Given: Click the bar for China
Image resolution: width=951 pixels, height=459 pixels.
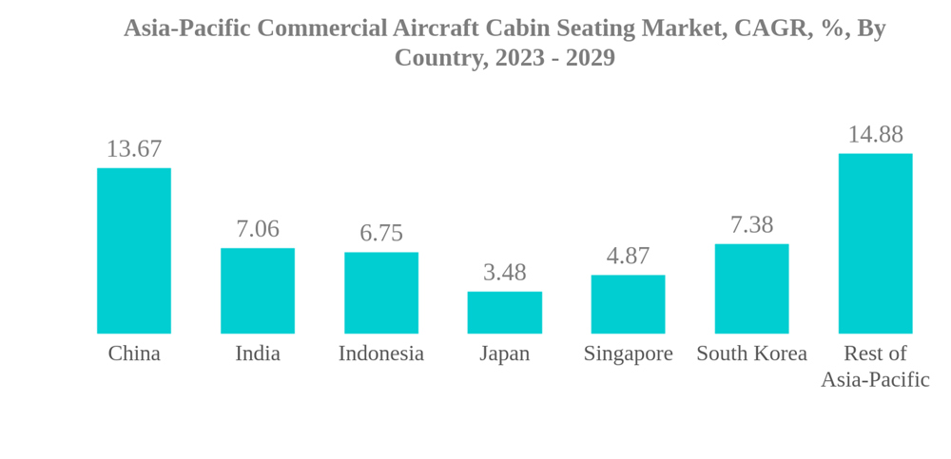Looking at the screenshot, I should coord(134,251).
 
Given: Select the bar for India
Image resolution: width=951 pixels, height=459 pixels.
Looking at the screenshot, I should coord(258,291).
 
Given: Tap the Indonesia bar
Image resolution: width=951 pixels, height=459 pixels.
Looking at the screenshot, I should coord(381,293).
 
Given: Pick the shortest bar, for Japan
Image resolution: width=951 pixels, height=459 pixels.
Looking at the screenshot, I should coord(505,313).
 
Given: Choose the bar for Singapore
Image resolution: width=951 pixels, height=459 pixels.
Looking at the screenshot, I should coord(628,304).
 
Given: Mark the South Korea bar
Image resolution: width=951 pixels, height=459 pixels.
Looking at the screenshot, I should coord(751,289).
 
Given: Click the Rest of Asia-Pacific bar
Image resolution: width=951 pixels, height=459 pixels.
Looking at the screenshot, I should coord(875,243).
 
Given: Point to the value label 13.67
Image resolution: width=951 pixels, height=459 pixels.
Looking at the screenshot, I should coord(134,149).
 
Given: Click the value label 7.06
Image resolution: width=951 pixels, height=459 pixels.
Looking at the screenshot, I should coord(258,229).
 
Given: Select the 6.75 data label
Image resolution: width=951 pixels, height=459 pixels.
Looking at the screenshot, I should coord(381,234).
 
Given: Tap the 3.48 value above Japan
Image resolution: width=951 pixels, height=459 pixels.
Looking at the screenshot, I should coord(505,273).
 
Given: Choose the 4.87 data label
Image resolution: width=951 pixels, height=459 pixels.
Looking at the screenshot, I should coord(628,257).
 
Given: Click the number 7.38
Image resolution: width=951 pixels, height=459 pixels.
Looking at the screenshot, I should coord(751,225).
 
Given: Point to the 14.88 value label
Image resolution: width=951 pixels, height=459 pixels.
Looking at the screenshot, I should coord(875,135).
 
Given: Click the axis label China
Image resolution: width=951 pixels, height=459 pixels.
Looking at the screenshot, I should coord(134,354).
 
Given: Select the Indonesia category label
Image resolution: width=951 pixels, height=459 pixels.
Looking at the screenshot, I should coord(381,354).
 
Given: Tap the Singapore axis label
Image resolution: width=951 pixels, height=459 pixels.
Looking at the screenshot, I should coord(628,354).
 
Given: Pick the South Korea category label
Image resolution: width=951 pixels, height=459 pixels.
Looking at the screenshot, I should coord(751,354).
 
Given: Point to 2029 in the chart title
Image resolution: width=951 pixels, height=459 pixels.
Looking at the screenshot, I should coord(591,58).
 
